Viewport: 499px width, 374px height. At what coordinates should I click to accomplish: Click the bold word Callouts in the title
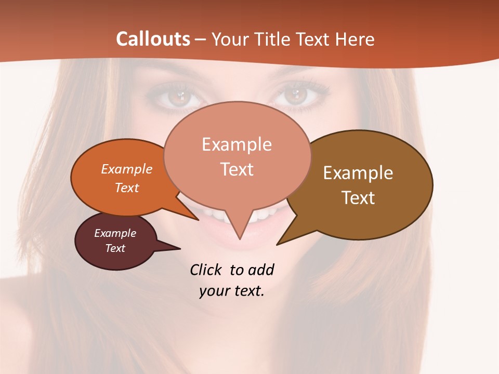coord(153,39)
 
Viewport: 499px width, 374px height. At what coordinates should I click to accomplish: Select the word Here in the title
coord(354,39)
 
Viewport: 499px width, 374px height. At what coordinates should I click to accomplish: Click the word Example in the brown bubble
coord(358,173)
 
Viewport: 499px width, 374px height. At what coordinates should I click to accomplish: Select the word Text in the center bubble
coord(237,169)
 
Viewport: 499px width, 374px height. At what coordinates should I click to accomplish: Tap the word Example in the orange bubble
coord(127,169)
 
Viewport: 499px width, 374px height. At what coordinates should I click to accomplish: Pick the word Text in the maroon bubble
coord(115,248)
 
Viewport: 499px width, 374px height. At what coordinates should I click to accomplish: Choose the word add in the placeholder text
coord(261,270)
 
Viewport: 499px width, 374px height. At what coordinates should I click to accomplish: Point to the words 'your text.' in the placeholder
coord(232,291)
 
